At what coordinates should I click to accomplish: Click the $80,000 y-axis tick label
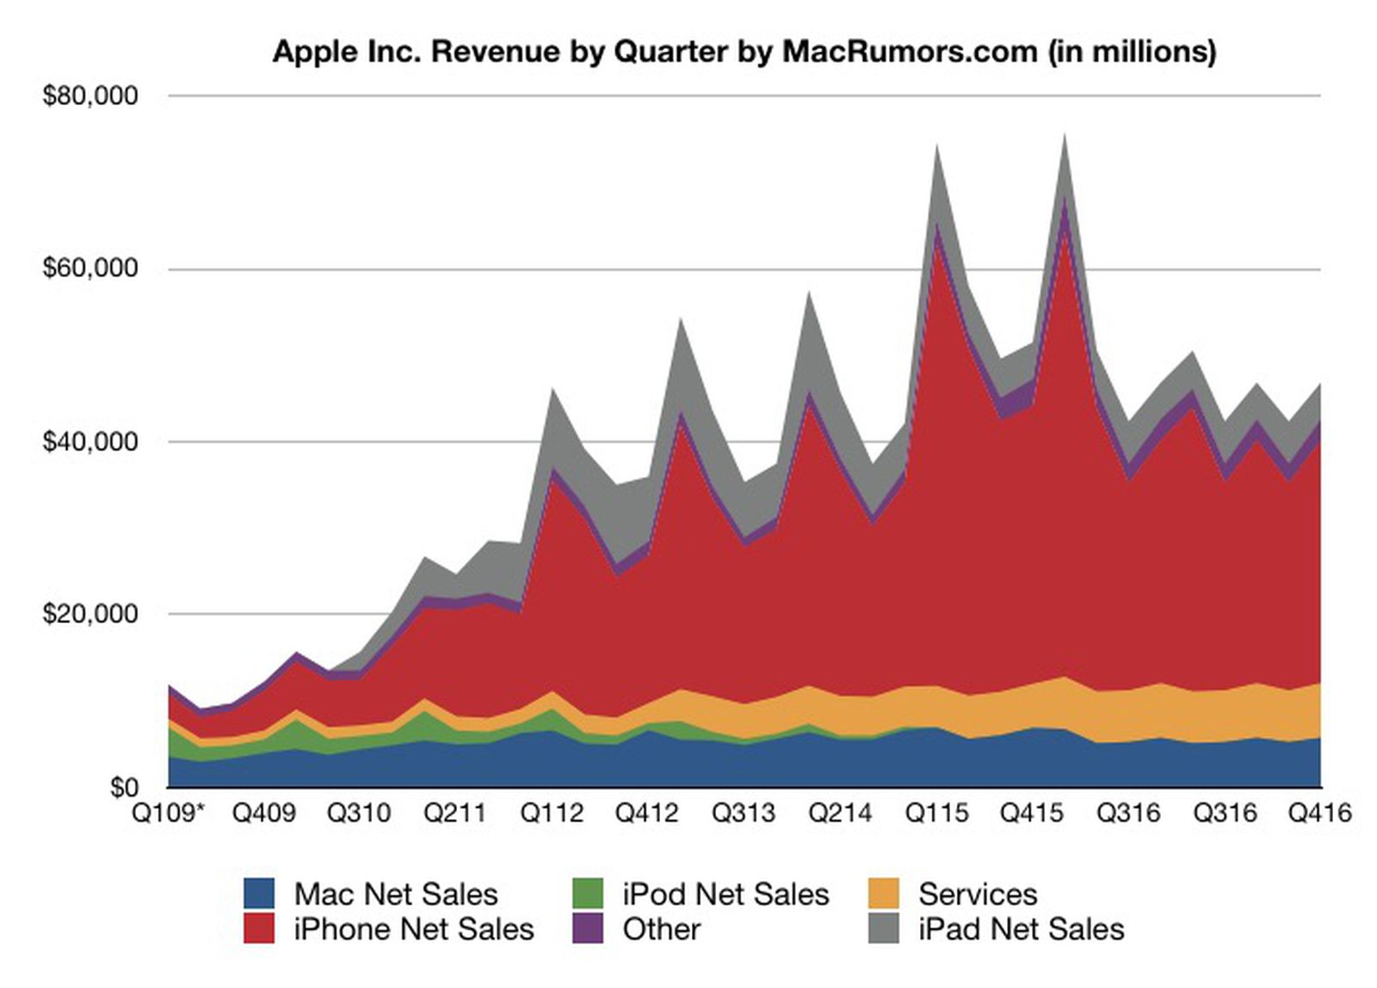pyautogui.click(x=90, y=96)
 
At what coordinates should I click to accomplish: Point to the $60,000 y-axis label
pyautogui.click(x=90, y=269)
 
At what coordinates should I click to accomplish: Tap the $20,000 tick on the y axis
pyautogui.click(x=90, y=614)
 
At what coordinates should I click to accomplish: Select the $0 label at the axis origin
pyautogui.click(x=124, y=787)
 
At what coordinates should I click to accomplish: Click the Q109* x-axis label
pyautogui.click(x=169, y=813)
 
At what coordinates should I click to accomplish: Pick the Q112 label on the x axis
pyautogui.click(x=552, y=813)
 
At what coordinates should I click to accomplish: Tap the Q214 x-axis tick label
pyautogui.click(x=840, y=813)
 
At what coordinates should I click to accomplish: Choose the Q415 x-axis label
pyautogui.click(x=1032, y=813)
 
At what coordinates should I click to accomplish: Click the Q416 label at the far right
pyautogui.click(x=1319, y=813)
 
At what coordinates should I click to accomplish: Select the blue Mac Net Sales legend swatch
pyautogui.click(x=258, y=893)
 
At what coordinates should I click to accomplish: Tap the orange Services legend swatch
pyautogui.click(x=883, y=893)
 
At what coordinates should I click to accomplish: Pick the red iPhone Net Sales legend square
pyautogui.click(x=258, y=929)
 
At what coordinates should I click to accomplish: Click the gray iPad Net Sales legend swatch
pyautogui.click(x=883, y=929)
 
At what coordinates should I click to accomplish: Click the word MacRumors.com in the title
pyautogui.click(x=909, y=52)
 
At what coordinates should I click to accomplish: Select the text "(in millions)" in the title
pyautogui.click(x=1132, y=52)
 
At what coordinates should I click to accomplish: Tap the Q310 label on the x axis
pyautogui.click(x=359, y=813)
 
